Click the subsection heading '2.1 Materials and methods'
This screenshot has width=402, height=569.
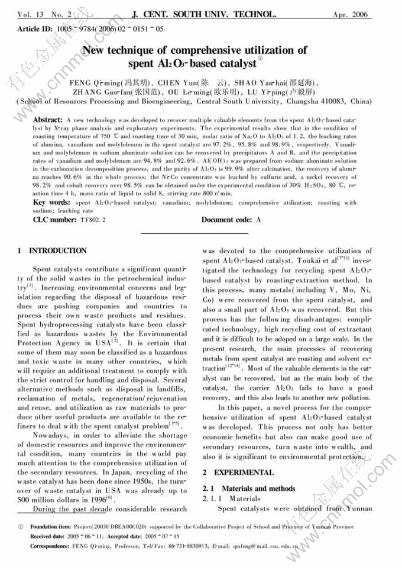(x=249, y=488)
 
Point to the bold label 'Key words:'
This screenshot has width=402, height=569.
(x=52, y=203)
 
